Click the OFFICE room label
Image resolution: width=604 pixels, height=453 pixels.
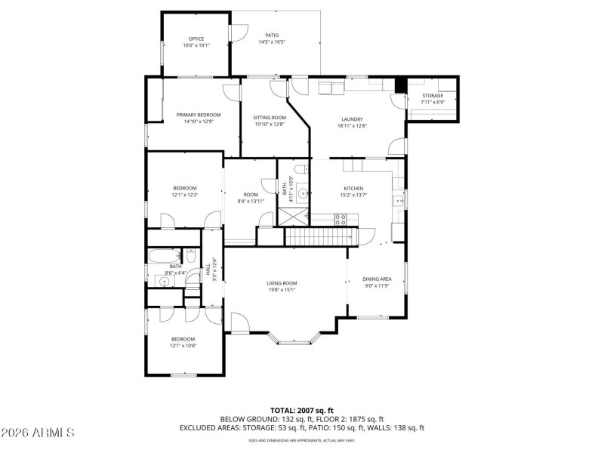(x=196, y=39)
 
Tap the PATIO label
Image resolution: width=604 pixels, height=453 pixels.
(x=272, y=35)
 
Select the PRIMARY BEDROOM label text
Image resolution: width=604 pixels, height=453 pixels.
(x=199, y=115)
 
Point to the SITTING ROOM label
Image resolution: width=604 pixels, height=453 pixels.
(x=270, y=118)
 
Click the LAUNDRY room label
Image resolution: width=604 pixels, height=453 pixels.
(x=352, y=119)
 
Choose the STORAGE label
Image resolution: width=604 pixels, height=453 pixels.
(x=433, y=96)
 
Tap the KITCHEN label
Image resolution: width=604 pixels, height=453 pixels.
(x=353, y=188)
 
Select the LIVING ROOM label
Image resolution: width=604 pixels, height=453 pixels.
(x=281, y=283)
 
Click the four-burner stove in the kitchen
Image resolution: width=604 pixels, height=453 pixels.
(x=341, y=220)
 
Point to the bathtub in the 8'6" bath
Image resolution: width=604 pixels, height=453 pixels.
(x=162, y=254)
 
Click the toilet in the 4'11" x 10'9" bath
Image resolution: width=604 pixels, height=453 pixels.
(x=300, y=169)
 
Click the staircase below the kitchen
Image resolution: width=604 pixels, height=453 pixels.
(x=319, y=236)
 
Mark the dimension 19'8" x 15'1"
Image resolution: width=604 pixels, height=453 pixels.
(x=281, y=290)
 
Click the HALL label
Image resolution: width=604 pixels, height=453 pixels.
(x=208, y=268)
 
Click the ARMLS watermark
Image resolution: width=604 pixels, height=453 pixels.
(x=38, y=433)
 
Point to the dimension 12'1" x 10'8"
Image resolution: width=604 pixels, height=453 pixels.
(x=183, y=346)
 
